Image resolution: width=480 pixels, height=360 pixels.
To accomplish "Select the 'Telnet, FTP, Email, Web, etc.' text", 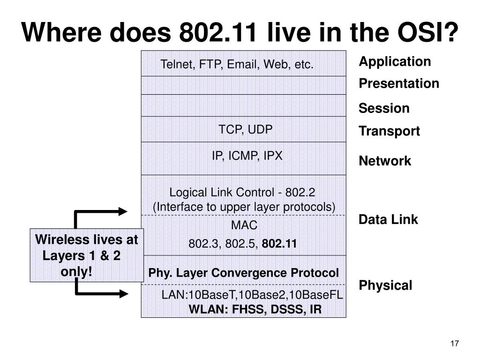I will [x=237, y=64].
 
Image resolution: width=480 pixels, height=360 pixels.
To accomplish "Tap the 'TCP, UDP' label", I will [x=245, y=129].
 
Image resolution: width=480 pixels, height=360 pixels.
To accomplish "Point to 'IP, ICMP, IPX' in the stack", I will [x=247, y=156].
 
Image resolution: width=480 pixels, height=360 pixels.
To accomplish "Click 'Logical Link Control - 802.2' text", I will [x=242, y=192].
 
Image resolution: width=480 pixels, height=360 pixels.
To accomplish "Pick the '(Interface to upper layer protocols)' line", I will [x=244, y=207].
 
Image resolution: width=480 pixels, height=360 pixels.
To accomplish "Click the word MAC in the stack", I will [x=244, y=225].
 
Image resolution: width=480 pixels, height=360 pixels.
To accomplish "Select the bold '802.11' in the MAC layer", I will [x=279, y=244].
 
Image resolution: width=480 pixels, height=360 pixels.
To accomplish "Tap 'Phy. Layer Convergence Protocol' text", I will [x=244, y=273].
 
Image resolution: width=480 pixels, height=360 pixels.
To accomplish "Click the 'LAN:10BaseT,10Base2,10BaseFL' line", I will [x=252, y=295].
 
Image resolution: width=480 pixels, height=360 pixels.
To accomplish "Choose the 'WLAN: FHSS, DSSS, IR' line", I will [x=255, y=309].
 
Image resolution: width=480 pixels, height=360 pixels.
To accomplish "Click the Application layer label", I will [x=395, y=61].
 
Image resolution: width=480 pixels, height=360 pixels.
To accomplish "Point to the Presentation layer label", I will [x=399, y=83].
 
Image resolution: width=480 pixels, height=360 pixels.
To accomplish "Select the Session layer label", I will [x=384, y=108].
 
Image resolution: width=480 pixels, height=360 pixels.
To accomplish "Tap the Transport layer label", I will [x=389, y=131].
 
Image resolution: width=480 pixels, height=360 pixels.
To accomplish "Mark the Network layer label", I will [x=385, y=161].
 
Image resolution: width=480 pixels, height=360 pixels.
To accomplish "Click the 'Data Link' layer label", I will [x=388, y=219].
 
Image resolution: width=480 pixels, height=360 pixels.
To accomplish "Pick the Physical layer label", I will [x=385, y=285].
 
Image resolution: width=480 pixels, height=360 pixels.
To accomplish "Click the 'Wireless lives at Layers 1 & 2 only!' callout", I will [x=87, y=255].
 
